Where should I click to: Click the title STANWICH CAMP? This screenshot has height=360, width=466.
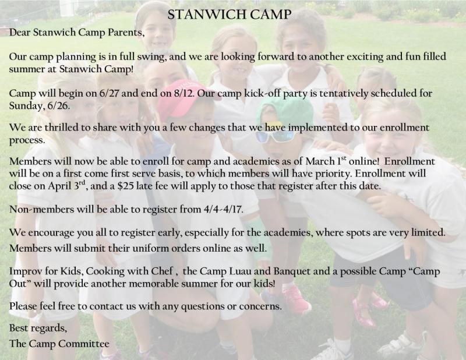point(229,15)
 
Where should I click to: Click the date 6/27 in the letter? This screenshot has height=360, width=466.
point(110,93)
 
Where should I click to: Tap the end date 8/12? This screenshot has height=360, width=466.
point(183,93)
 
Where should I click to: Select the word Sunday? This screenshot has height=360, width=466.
point(26,106)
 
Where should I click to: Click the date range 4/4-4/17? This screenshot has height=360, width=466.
point(223,209)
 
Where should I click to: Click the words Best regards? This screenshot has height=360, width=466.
point(38,328)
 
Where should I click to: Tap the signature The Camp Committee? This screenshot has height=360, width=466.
point(59,344)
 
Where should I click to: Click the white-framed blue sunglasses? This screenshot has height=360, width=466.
point(275,136)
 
